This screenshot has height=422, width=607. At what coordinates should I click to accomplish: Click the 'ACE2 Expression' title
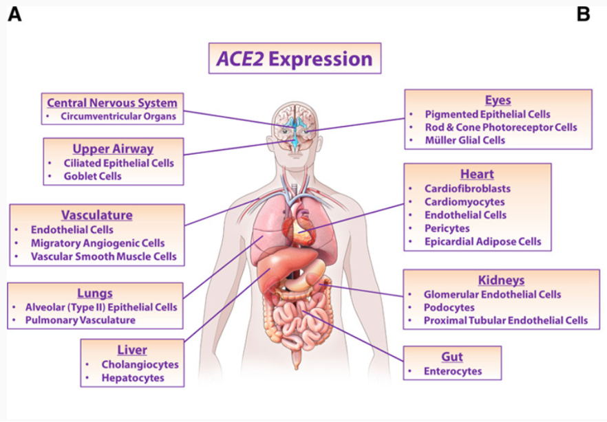pyautogui.click(x=295, y=59)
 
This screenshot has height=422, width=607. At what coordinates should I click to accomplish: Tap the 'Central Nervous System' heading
pyautogui.click(x=112, y=103)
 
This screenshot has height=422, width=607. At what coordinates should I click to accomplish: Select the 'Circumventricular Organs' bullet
pyautogui.click(x=118, y=116)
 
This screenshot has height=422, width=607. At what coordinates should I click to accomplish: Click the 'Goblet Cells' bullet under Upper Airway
pyautogui.click(x=92, y=176)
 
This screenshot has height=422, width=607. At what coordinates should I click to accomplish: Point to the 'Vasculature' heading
pyautogui.click(x=96, y=215)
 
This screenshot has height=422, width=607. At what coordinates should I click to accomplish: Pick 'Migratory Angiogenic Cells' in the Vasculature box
pyautogui.click(x=98, y=243)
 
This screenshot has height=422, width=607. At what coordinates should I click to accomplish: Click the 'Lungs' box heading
pyautogui.click(x=95, y=293)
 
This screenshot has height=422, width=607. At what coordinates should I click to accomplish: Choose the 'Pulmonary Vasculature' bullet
pyautogui.click(x=81, y=320)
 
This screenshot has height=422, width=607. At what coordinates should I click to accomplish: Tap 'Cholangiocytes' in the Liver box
pyautogui.click(x=140, y=364)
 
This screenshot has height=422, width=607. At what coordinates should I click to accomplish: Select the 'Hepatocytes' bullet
pyautogui.click(x=133, y=377)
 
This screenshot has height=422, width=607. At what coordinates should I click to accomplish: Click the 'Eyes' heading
pyautogui.click(x=498, y=100)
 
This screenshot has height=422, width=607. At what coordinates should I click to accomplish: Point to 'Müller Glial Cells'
pyautogui.click(x=465, y=140)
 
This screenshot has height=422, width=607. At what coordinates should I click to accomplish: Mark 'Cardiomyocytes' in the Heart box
pyautogui.click(x=465, y=202)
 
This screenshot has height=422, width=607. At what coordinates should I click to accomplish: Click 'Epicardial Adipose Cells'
pyautogui.click(x=482, y=241)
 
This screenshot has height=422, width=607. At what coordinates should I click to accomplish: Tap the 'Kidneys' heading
pyautogui.click(x=501, y=280)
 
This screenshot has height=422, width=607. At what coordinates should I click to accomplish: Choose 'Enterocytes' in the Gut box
pyautogui.click(x=453, y=371)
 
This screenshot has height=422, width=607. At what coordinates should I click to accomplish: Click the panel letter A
pyautogui.click(x=14, y=14)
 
